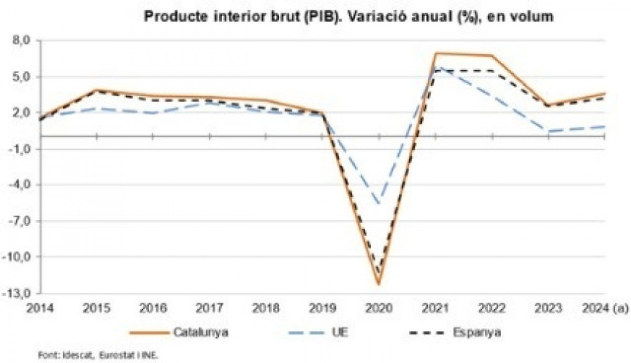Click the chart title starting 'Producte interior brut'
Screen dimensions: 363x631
[x=349, y=17]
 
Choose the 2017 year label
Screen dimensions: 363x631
[x=210, y=308]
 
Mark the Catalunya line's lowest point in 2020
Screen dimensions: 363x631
[x=379, y=285]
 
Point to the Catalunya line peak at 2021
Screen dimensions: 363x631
[x=436, y=54]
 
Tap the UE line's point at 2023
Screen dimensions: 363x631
[x=548, y=131]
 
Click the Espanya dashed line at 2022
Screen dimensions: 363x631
[x=492, y=70]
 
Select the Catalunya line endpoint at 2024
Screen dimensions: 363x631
[x=605, y=93]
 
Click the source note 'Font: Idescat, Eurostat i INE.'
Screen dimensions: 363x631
[x=97, y=355]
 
